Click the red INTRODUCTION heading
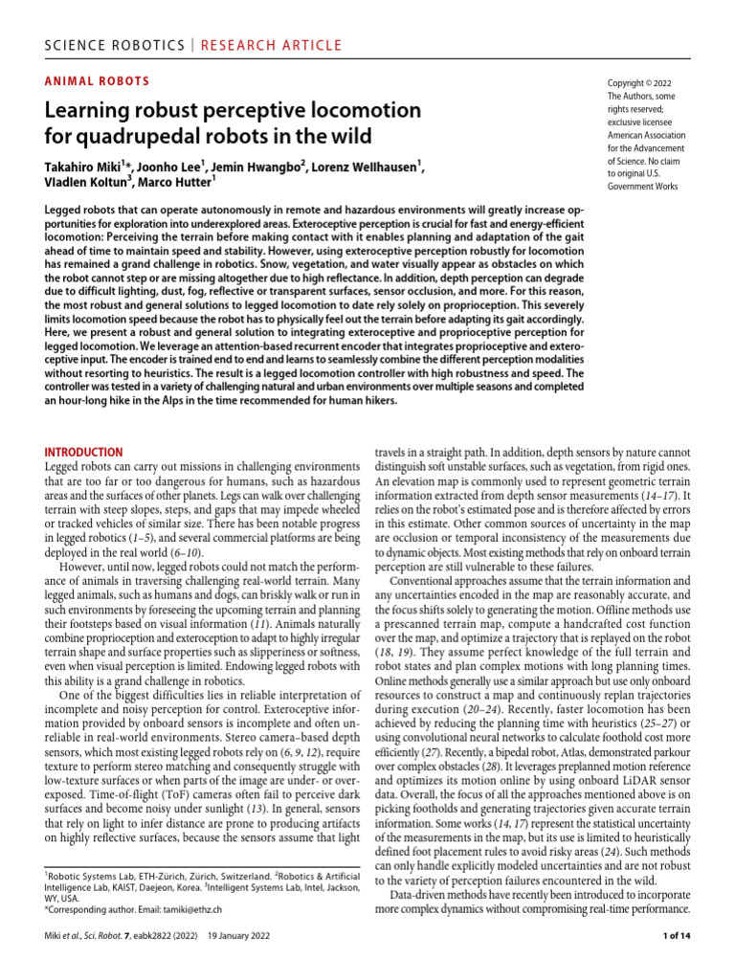click(85, 452)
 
